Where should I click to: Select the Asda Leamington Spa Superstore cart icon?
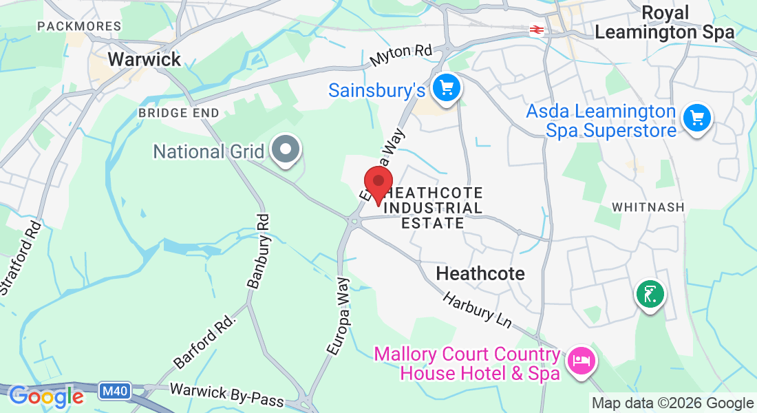697,118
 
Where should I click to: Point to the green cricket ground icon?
650,294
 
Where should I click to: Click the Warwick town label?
145,59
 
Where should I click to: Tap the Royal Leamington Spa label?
664,23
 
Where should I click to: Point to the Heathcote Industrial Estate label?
432,208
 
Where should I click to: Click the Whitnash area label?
649,207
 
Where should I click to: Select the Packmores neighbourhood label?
80,26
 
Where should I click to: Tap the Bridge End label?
178,112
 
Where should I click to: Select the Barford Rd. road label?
205,342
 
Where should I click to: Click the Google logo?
46,396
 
